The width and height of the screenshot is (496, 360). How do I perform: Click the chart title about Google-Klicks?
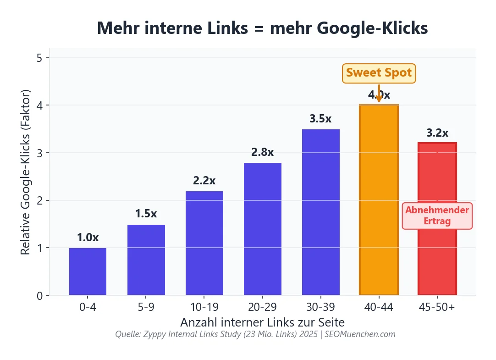pyautogui.click(x=262, y=28)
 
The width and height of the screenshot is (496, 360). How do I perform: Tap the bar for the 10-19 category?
pyautogui.click(x=204, y=243)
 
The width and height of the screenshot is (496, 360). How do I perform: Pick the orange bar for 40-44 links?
pyautogui.click(x=379, y=202)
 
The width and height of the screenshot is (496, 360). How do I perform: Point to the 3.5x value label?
pyautogui.click(x=320, y=119)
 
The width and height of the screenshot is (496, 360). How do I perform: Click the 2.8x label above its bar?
pyautogui.click(x=262, y=152)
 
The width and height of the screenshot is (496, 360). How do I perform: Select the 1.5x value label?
pyautogui.click(x=146, y=214)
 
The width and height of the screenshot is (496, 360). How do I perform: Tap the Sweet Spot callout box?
pyautogui.click(x=379, y=73)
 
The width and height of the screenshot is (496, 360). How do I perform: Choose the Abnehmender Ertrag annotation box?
pyautogui.click(x=437, y=216)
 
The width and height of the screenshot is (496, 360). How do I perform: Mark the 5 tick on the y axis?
pyautogui.click(x=40, y=58)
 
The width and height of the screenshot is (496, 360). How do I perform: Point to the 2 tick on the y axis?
pyautogui.click(x=40, y=200)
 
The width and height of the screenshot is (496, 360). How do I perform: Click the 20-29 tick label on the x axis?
pyautogui.click(x=262, y=307)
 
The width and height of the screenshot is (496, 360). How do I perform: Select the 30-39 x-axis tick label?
pyautogui.click(x=320, y=307)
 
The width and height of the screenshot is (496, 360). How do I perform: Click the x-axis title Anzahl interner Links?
pyautogui.click(x=262, y=321)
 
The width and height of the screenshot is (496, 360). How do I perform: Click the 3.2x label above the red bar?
pyautogui.click(x=437, y=133)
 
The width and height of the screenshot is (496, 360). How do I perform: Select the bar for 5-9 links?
pyautogui.click(x=146, y=260)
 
